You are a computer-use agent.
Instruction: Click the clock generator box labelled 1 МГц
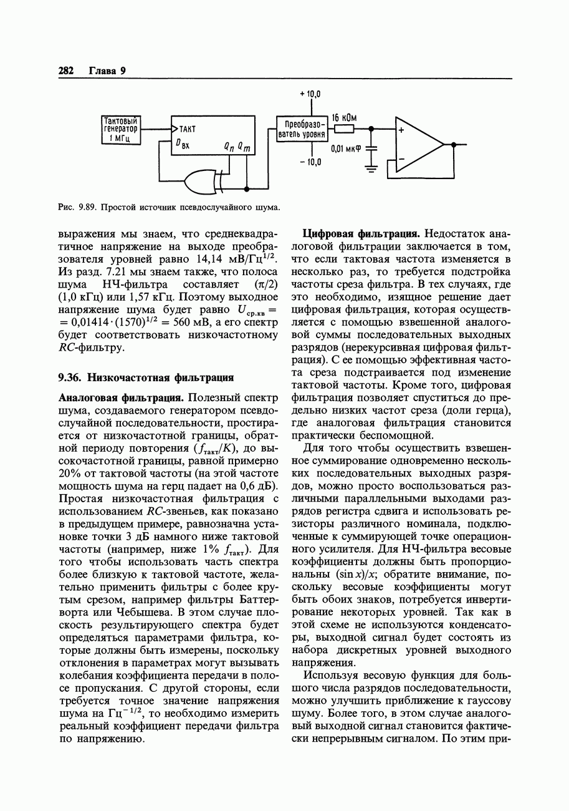(x=122, y=129)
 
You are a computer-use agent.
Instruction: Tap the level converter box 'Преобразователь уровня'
(x=301, y=129)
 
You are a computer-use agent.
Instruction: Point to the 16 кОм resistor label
(x=344, y=117)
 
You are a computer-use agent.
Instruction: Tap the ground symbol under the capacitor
(x=371, y=167)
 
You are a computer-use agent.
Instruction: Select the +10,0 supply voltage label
(x=310, y=94)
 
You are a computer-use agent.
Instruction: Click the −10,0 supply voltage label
(x=310, y=163)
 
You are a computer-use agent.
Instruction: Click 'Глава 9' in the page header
(x=107, y=70)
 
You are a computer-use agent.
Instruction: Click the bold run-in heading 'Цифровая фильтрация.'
(x=353, y=234)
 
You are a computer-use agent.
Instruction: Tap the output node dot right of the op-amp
(x=454, y=144)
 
